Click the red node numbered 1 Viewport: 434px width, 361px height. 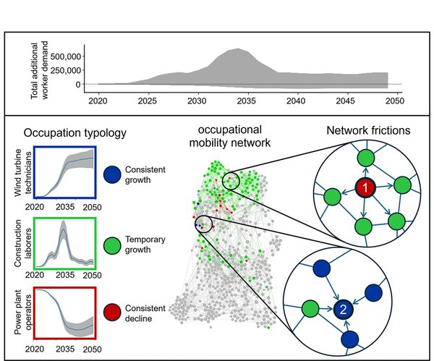tap(365, 188)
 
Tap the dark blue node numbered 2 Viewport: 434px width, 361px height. tap(343, 309)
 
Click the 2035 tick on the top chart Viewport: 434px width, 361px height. tap(247, 101)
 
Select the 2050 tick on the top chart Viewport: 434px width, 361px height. tap(395, 101)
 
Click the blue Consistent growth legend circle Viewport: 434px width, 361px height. tap(112, 174)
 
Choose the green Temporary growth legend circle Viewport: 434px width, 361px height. tap(112, 245)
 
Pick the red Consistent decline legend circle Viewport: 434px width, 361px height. tap(112, 313)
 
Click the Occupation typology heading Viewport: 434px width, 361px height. tap(75, 133)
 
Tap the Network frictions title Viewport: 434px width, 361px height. tap(368, 130)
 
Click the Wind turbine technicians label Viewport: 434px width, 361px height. tap(22, 173)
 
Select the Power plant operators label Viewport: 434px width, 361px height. tap(22, 312)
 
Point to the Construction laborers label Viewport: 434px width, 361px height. tap(22, 243)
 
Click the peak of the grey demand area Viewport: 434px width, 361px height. tap(238, 48)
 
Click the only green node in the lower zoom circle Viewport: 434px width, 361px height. tap(310, 309)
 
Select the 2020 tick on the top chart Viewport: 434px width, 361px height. tap(98, 101)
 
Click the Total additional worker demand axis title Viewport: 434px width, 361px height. tap(39, 71)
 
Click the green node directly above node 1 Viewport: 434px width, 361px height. tap(366, 158)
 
